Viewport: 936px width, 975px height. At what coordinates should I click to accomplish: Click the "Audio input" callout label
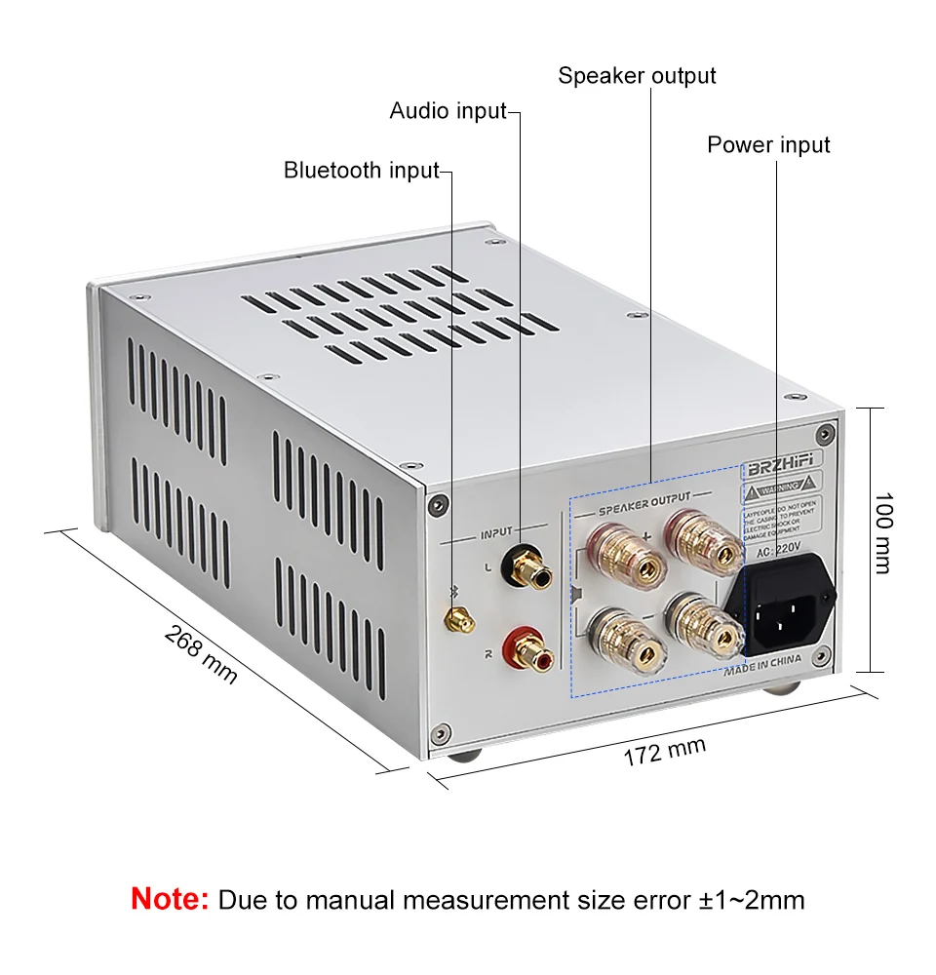pyautogui.click(x=448, y=110)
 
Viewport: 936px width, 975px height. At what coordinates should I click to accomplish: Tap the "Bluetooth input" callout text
pyautogui.click(x=361, y=171)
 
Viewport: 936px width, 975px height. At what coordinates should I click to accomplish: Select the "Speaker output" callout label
pyautogui.click(x=637, y=76)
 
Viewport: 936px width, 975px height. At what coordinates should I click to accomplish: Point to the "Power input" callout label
pyautogui.click(x=768, y=145)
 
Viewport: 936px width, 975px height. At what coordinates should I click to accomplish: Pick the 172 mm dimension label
pyautogui.click(x=664, y=752)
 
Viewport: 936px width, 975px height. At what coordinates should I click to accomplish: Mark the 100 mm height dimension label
pyautogui.click(x=882, y=532)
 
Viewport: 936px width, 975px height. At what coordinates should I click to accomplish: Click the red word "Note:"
pyautogui.click(x=170, y=899)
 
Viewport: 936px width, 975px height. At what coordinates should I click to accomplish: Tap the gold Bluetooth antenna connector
pyautogui.click(x=456, y=617)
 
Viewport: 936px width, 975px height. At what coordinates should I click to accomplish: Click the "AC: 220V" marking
pyautogui.click(x=777, y=550)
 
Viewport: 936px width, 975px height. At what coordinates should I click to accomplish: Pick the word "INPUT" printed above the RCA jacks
pyautogui.click(x=496, y=533)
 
